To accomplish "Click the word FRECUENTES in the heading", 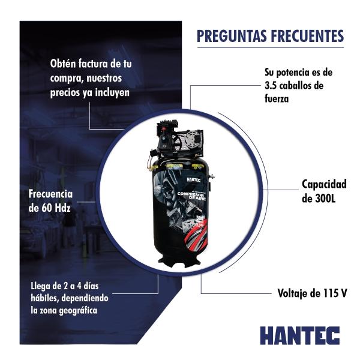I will [306, 36].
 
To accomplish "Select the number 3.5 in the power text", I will [272, 85].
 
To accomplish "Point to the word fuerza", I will [278, 99].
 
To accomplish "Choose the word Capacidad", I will [325, 185].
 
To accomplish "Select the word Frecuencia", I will [50, 195].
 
